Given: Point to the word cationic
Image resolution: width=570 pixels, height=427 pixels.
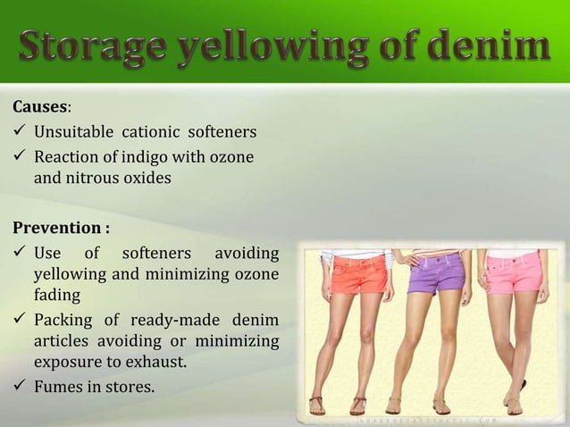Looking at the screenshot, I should (147, 133).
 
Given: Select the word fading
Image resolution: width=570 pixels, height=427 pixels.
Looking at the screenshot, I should (55, 294).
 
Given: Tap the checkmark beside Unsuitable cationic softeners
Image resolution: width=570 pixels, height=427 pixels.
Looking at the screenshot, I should (20, 133).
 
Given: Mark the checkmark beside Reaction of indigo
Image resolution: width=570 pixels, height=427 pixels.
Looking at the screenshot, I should (20, 157).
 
